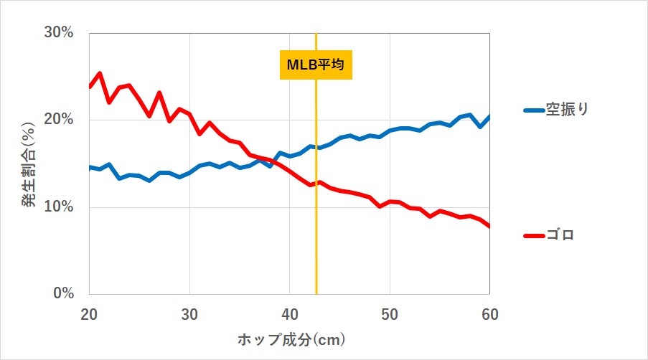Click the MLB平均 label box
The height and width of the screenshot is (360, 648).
click(x=316, y=65)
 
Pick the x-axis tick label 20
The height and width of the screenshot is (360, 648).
click(x=89, y=314)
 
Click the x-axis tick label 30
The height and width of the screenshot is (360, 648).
click(x=189, y=314)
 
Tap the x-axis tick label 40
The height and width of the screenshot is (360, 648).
click(x=289, y=314)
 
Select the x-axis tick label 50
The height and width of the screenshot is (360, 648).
click(x=390, y=314)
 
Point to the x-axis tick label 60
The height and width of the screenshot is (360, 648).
click(x=489, y=314)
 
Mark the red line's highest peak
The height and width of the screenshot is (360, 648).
click(x=99, y=73)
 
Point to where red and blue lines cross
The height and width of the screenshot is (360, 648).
click(x=273, y=161)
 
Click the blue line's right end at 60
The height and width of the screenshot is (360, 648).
click(x=489, y=117)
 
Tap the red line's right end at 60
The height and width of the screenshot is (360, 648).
click(x=489, y=227)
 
